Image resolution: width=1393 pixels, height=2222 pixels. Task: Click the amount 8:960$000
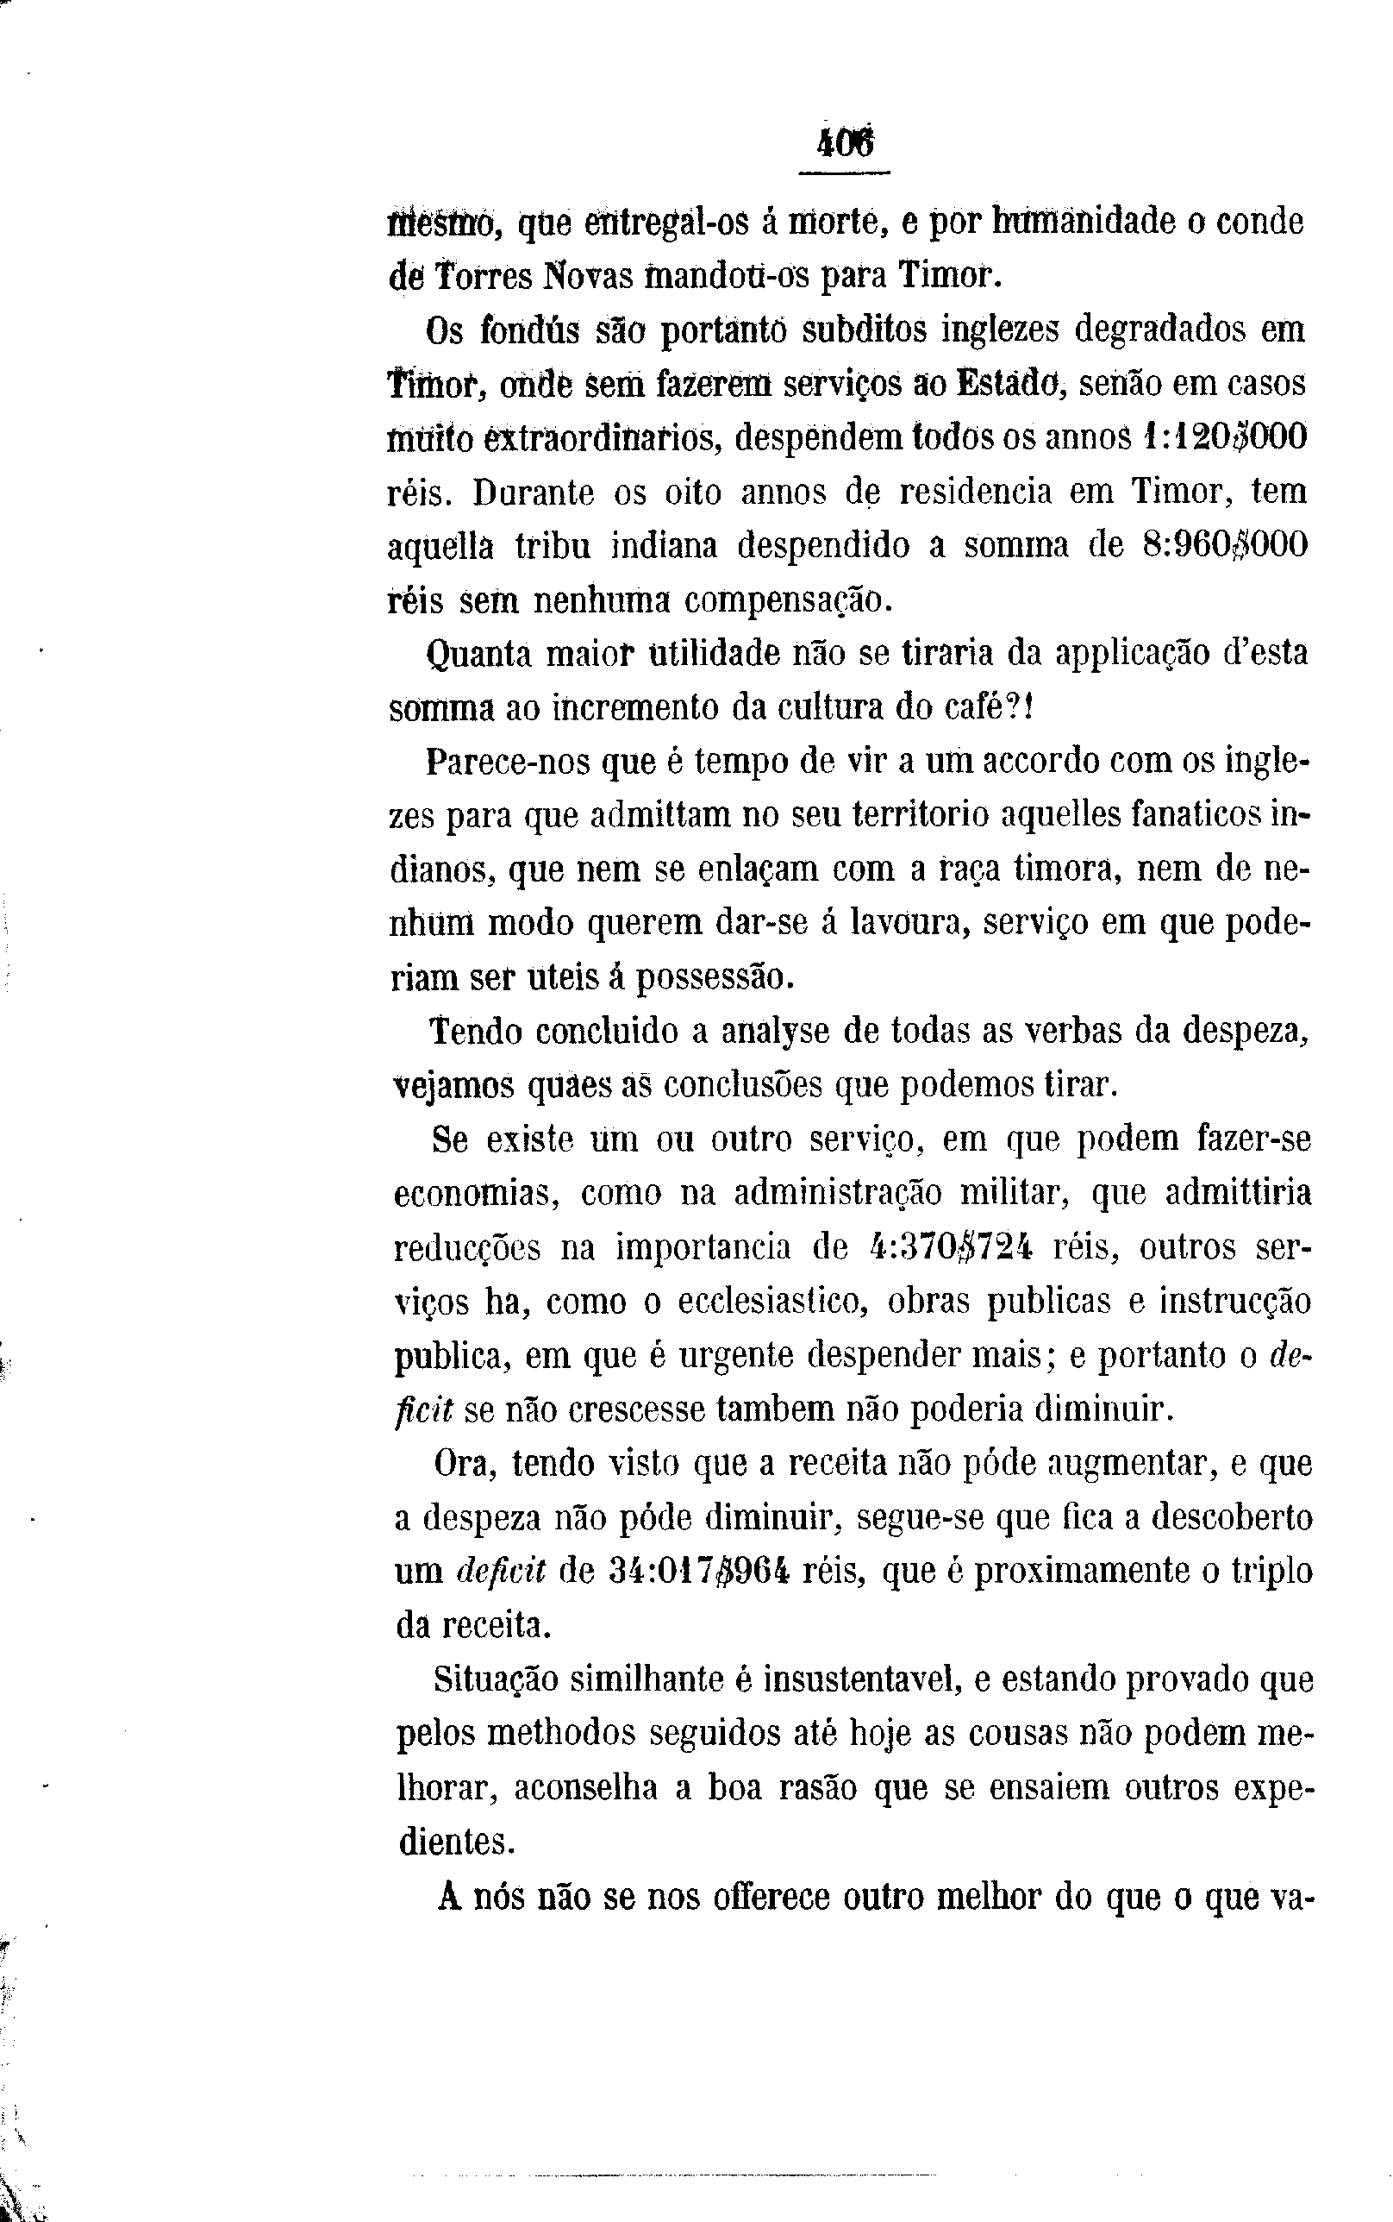point(1224,547)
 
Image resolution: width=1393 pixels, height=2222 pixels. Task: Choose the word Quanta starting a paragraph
point(478,656)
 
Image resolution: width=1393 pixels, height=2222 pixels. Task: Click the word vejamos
point(453,1088)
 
